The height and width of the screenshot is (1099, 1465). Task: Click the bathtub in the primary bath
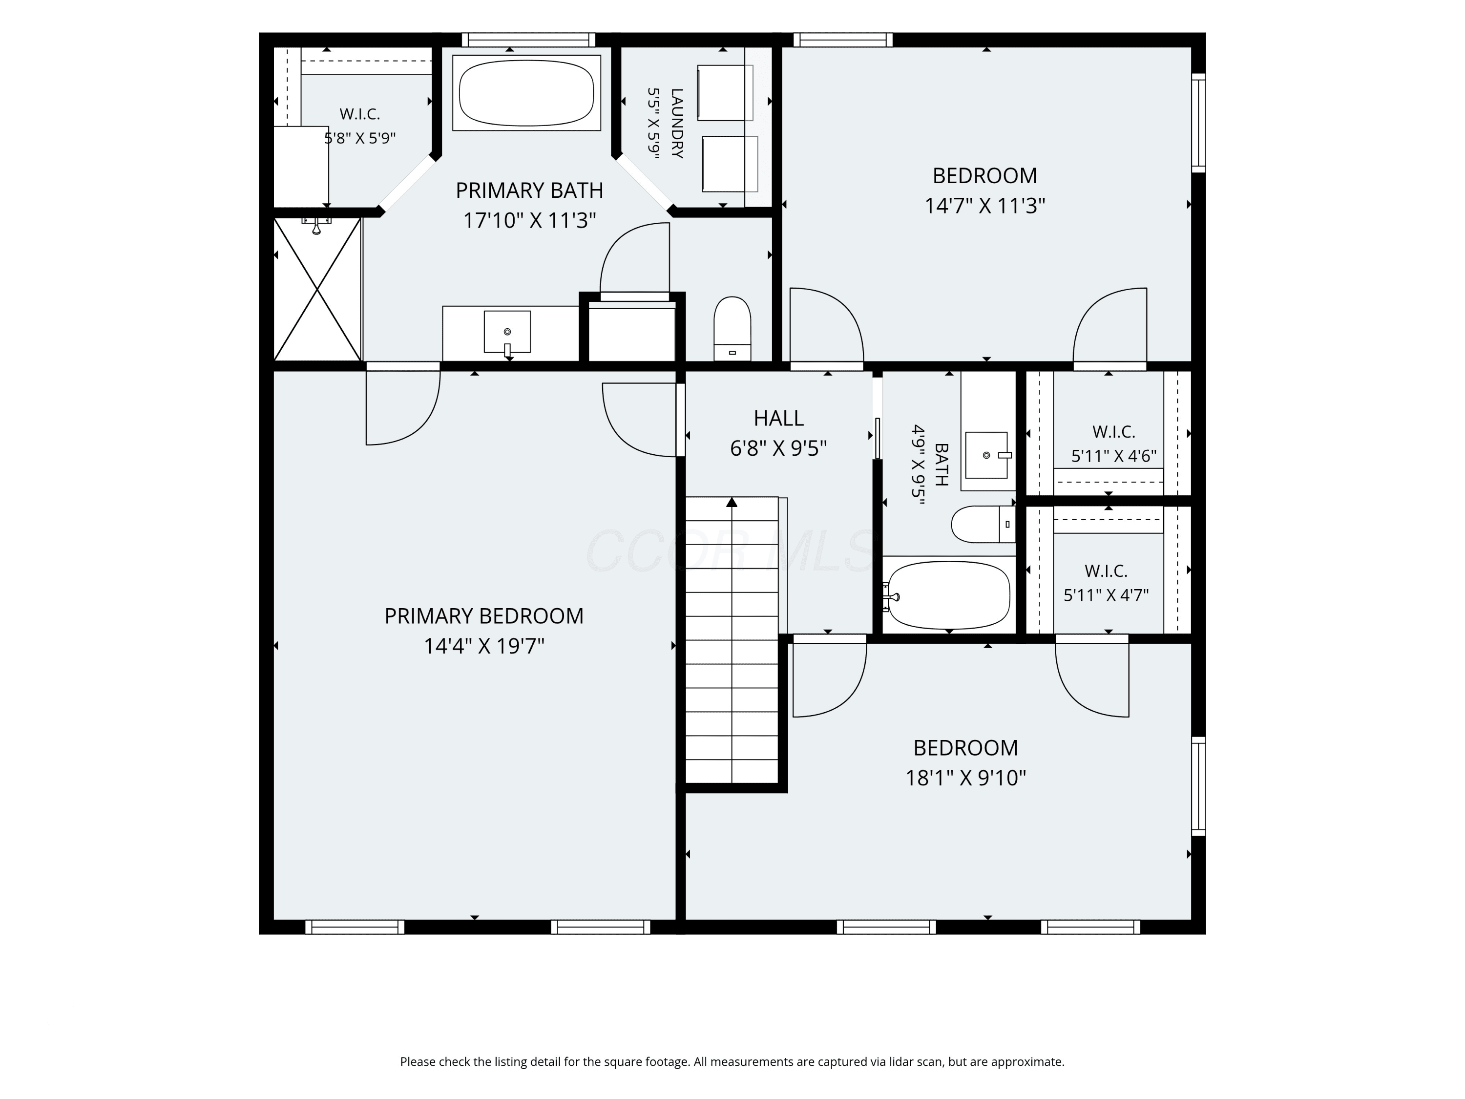coord(526,93)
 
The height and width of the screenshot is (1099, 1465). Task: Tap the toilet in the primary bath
coord(732,329)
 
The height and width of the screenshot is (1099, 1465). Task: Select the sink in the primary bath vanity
coord(507,332)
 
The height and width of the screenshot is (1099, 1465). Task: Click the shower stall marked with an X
coord(318,290)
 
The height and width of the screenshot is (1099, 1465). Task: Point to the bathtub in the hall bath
coord(948,595)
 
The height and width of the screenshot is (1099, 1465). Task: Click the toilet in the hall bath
coord(984,525)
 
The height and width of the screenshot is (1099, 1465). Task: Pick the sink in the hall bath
coord(987,455)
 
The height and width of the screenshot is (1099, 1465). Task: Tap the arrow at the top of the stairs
coord(732,502)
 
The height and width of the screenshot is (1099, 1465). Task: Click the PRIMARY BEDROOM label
coord(484,616)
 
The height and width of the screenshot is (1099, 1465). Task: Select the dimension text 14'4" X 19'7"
coord(484,646)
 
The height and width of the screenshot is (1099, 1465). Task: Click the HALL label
coord(779,418)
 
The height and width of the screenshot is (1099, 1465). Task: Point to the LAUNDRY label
coord(677,123)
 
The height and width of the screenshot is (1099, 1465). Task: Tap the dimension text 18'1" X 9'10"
coord(965,777)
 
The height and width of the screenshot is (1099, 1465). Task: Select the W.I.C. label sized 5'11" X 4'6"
coord(1114,432)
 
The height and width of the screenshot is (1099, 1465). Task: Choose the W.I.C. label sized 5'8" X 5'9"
coord(359,114)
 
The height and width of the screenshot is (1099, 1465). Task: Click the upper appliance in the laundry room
coord(725,93)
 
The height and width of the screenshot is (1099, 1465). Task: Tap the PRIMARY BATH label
coord(530,191)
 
